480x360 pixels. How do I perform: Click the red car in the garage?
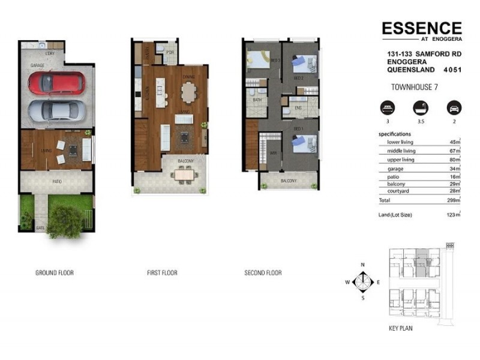pyautogui.click(x=56, y=83)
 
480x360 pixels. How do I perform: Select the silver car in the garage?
pyautogui.click(x=56, y=110)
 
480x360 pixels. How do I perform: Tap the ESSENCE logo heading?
pyautogui.click(x=422, y=28)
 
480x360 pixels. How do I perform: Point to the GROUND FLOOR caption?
pyautogui.click(x=55, y=273)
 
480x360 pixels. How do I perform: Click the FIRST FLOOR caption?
pyautogui.click(x=162, y=273)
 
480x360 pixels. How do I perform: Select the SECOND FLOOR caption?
pyautogui.click(x=263, y=273)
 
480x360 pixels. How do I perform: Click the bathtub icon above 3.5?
pyautogui.click(x=418, y=109)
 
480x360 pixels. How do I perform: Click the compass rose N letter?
pyautogui.click(x=362, y=265)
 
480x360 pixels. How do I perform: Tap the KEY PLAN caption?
pyautogui.click(x=401, y=328)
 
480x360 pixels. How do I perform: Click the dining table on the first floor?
pyautogui.click(x=188, y=92)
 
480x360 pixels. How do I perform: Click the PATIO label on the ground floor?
pyautogui.click(x=56, y=181)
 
